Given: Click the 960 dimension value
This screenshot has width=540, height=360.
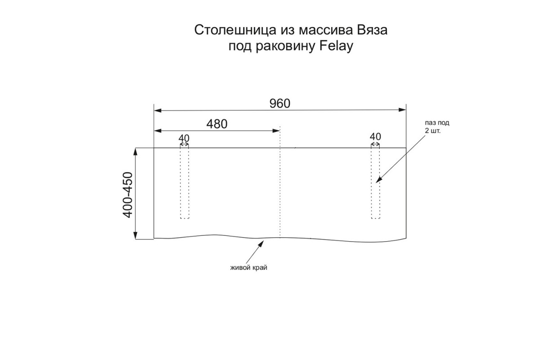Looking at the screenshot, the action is coord(279,103).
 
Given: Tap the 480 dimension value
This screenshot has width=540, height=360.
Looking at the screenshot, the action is coord(217,124).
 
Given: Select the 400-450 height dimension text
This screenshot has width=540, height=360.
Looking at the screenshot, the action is coord(128,195).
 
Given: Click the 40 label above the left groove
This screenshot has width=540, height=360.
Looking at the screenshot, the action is coord(184,138).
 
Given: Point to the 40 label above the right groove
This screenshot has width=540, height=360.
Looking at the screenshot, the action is coord(375,137).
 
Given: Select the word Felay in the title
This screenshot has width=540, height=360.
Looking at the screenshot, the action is coord(336,46).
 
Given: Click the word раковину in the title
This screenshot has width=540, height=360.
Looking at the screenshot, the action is coord(285,46).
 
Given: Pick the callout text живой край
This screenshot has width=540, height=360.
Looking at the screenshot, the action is coord(249,268).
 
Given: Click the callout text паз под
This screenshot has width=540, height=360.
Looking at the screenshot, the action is coord(437,123).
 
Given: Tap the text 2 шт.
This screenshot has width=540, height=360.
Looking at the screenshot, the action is coord(432,131).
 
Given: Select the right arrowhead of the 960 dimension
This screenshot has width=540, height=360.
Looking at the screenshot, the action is coord(402,110).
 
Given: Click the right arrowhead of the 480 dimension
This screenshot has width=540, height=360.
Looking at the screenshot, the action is coord(276,131).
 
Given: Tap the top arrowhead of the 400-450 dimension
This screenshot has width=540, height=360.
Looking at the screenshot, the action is coord(135,152).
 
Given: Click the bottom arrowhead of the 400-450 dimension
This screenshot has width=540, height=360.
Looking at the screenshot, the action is coord(135,235).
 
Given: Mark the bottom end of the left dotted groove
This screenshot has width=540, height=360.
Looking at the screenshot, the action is coord(184,218).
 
